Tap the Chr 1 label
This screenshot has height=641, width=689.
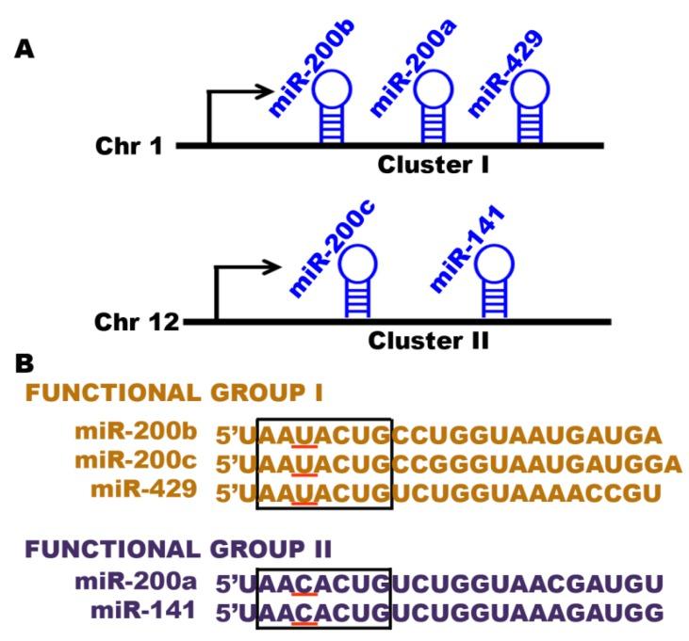point(129,147)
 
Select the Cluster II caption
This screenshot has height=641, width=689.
point(429,341)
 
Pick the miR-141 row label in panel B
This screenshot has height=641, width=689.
point(143,610)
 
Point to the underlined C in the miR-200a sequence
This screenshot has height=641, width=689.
point(303,584)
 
